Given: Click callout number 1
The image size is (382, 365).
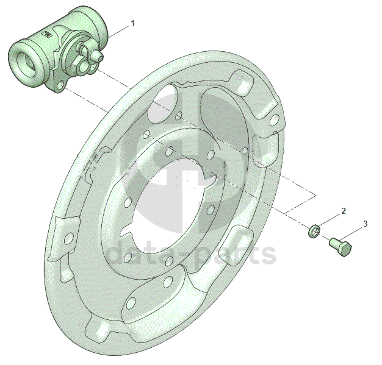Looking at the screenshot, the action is coord(133,24).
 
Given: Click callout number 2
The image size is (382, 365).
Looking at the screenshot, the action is coord(344,211).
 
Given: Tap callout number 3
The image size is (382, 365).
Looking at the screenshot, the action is coord(365,224).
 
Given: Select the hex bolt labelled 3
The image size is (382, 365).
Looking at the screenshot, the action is coord(341,247).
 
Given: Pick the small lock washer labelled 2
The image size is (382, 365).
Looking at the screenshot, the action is coord(314,231).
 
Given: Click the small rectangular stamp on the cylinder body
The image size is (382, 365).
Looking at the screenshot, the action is coord(46,34).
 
